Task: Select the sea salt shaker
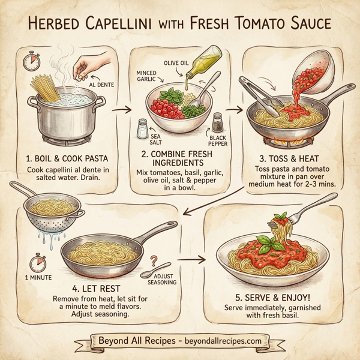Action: coord(143,128)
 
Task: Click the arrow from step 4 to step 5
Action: coord(187,260)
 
